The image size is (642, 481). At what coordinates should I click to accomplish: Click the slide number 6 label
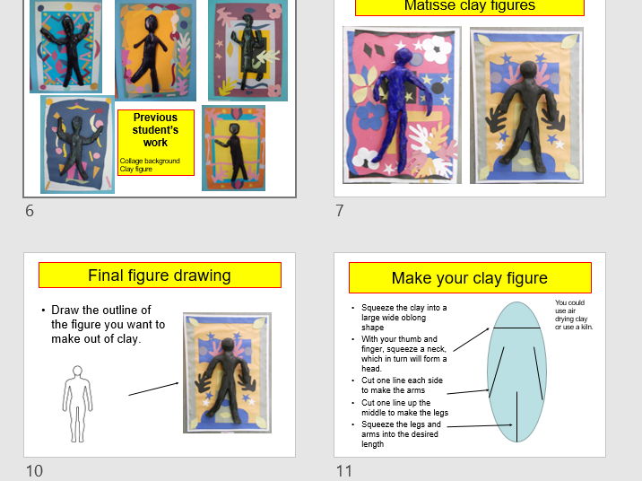[30, 211]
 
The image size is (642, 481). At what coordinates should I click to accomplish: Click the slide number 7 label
[340, 211]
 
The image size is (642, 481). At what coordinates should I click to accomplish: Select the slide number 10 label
[34, 470]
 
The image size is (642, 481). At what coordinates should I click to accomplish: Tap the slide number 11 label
[344, 470]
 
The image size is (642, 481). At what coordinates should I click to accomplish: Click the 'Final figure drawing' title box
[160, 275]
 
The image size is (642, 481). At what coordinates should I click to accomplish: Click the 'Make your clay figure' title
[469, 278]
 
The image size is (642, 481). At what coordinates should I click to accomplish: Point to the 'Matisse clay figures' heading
[469, 6]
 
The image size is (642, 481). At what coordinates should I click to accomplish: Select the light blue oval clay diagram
[516, 372]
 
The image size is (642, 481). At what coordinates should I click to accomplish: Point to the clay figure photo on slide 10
[227, 372]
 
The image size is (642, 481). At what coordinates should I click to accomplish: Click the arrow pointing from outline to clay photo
[153, 389]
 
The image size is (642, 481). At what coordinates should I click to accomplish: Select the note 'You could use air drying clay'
[573, 315]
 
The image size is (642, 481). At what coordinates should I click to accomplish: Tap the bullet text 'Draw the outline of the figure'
[108, 324]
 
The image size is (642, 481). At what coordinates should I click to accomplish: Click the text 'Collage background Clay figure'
[150, 164]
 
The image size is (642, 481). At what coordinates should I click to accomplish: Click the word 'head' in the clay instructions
[371, 369]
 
